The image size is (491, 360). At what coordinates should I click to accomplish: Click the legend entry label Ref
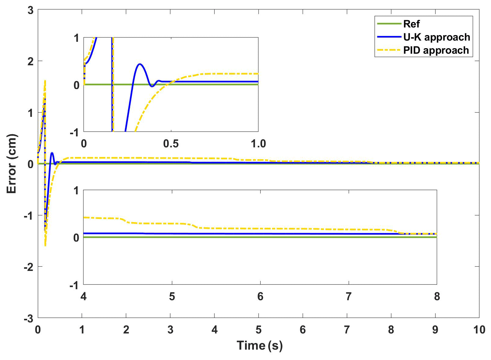[x=411, y=24]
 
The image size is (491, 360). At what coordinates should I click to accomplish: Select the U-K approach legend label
[x=436, y=37]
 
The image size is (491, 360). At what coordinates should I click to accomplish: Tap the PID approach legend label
[x=436, y=50]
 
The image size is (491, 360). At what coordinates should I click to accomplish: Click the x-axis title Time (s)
[x=259, y=345]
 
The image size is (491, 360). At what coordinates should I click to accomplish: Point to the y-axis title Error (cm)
[x=11, y=164]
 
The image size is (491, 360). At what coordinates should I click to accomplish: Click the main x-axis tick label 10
[x=479, y=330]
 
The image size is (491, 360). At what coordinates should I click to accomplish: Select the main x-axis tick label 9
[x=435, y=330]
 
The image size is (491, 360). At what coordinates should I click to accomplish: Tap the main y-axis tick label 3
[x=30, y=10]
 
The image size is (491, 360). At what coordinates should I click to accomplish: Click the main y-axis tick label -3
[x=29, y=319]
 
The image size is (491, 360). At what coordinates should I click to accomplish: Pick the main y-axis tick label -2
[x=29, y=267]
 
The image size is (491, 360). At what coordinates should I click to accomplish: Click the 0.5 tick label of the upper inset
[x=171, y=144]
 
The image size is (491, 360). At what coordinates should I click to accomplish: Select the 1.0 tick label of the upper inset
[x=258, y=144]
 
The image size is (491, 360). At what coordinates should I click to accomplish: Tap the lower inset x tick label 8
[x=437, y=296]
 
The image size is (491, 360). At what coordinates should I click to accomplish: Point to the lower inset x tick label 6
[x=260, y=296]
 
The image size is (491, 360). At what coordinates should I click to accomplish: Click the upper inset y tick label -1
[x=74, y=133]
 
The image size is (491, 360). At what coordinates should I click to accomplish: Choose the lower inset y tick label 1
[x=76, y=191]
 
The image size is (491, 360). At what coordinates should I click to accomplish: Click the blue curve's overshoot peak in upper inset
[x=140, y=64]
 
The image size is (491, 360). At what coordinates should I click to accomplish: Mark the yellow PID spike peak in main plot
[x=45, y=81]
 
